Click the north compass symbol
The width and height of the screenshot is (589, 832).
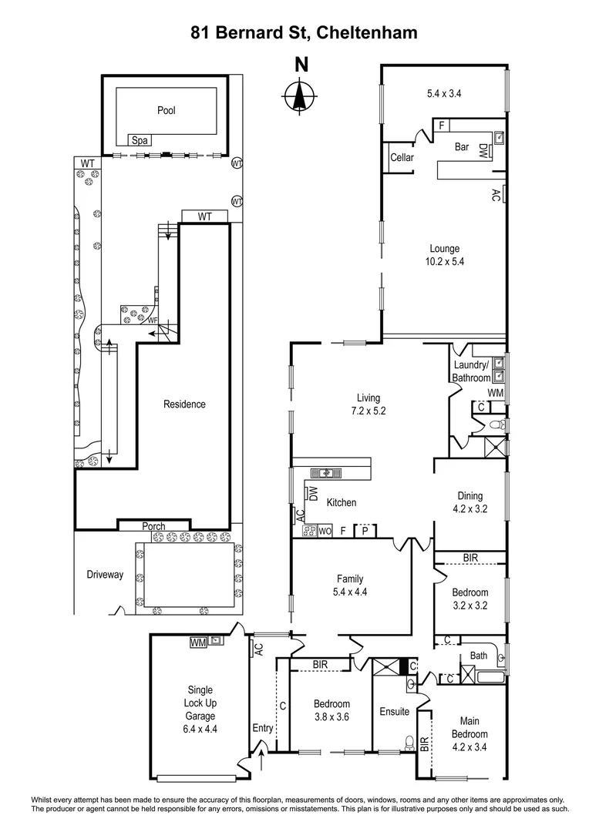click(300, 96)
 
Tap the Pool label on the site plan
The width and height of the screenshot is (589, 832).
click(167, 110)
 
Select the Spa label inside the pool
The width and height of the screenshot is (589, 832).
click(140, 140)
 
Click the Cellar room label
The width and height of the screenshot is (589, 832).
click(402, 158)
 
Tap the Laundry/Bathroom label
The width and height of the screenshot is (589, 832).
click(471, 372)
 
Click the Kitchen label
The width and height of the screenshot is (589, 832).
click(342, 502)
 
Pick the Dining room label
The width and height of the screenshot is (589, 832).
click(470, 496)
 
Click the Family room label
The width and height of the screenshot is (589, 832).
click(349, 579)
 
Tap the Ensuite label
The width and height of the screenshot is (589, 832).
click(394, 711)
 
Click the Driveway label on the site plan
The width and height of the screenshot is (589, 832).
click(104, 575)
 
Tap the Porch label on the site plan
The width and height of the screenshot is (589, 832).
click(153, 527)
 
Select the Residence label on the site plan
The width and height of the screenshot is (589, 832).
click(184, 404)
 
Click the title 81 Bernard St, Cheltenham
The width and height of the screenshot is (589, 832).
click(294, 32)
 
